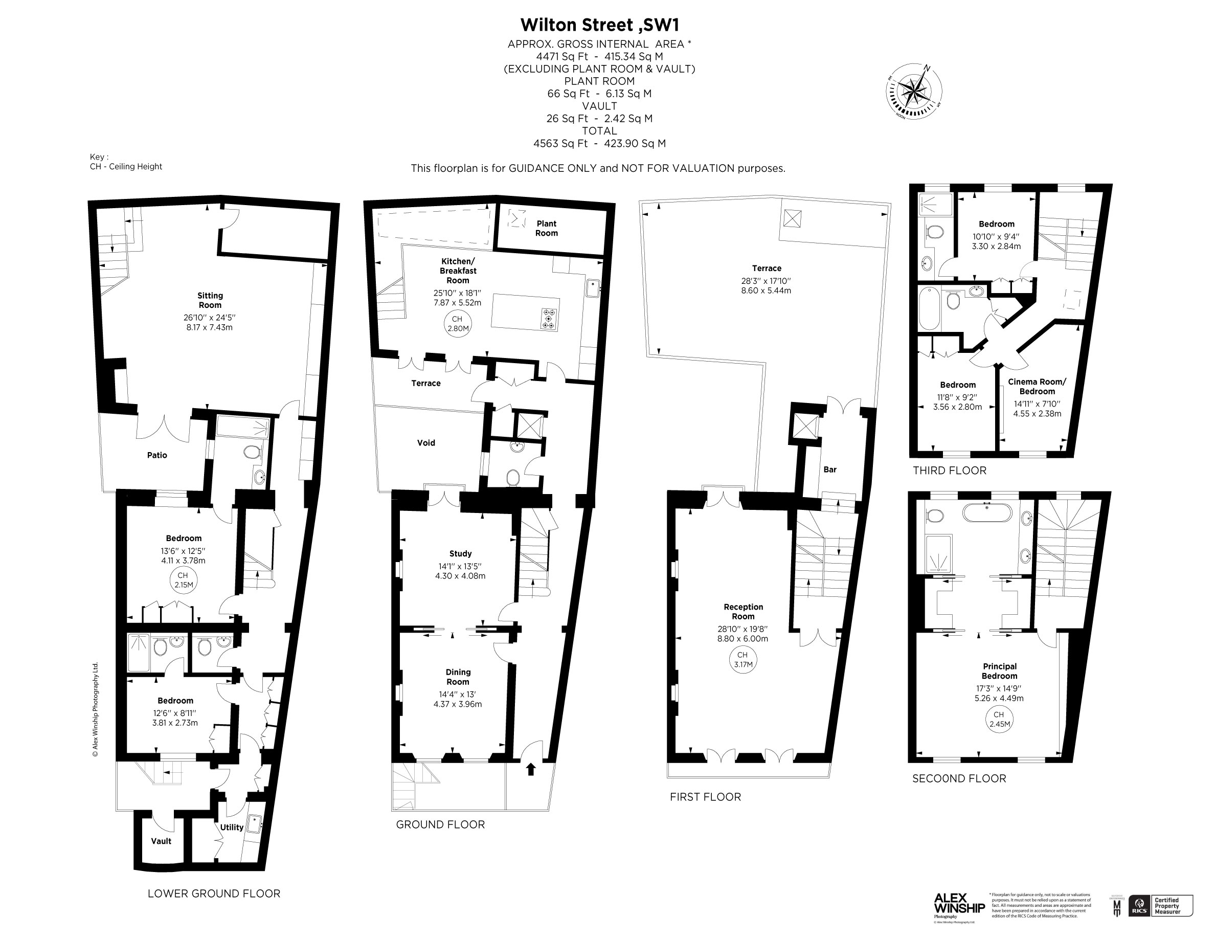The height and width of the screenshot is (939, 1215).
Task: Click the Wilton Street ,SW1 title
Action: [600, 25]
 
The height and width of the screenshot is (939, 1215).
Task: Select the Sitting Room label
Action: [210, 300]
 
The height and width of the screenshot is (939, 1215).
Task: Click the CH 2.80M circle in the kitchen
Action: [458, 324]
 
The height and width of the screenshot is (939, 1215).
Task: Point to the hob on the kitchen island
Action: [549, 319]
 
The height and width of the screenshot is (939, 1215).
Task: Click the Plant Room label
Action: [546, 228]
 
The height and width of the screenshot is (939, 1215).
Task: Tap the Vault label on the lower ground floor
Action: [161, 841]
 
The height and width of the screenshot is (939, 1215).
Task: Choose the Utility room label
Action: [232, 827]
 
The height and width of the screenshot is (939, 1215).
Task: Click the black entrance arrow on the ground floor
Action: [531, 769]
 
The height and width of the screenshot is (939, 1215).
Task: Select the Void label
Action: [426, 443]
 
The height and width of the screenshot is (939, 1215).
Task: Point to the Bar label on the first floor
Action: [829, 469]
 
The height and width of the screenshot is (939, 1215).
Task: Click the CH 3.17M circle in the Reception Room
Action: [742, 660]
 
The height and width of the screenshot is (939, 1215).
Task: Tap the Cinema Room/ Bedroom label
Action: [1037, 386]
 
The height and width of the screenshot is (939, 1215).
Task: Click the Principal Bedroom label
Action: [999, 671]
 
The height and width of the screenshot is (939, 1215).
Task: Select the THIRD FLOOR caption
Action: [949, 471]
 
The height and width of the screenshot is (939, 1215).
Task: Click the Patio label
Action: [157, 455]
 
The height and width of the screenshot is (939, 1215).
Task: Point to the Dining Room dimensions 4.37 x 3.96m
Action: [457, 704]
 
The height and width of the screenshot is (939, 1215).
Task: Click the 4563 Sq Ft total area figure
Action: [560, 144]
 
